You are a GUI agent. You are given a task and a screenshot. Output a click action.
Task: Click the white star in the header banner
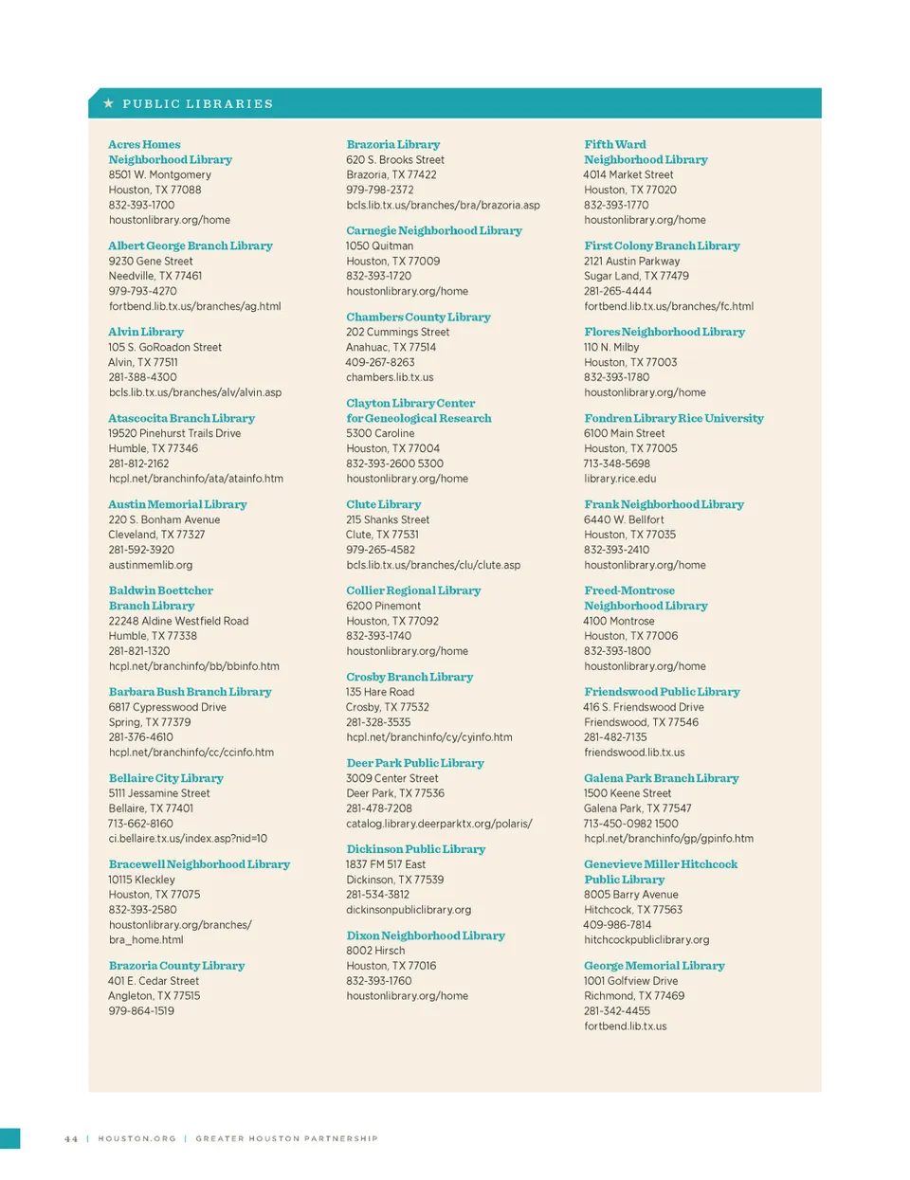(109, 103)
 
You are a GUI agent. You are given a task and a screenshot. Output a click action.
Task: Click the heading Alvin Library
(146, 332)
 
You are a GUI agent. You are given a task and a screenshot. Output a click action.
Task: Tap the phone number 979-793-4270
(142, 291)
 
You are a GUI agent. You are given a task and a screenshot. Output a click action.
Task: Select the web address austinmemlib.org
(150, 565)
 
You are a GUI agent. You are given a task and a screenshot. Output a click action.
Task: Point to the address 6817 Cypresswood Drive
(167, 707)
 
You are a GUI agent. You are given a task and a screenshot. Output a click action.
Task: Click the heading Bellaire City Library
(166, 778)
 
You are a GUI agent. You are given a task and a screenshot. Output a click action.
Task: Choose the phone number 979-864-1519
(141, 1011)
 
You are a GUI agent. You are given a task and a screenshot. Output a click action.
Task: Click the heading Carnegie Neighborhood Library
(434, 230)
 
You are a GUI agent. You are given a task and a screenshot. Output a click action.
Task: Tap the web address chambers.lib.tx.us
(390, 377)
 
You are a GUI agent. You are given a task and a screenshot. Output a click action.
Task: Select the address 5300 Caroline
(380, 433)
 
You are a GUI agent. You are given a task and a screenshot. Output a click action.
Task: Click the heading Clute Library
(384, 504)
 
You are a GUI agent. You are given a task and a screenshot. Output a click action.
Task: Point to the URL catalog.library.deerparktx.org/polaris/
(439, 824)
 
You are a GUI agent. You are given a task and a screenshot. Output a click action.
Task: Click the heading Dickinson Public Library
(416, 849)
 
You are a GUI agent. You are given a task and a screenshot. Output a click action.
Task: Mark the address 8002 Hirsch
(375, 951)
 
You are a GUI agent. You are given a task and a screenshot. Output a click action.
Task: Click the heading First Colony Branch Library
(662, 245)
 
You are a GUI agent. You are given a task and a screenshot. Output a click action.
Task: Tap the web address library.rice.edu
(620, 479)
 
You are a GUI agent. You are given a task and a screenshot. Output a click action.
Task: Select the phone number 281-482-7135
(615, 737)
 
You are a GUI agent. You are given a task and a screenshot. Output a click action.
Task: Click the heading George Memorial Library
(654, 966)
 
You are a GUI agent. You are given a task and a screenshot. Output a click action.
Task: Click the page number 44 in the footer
(71, 1139)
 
